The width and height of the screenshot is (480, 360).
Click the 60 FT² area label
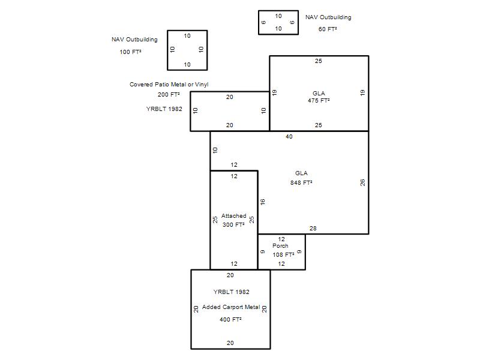click(328, 29)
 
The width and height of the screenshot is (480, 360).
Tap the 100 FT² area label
click(130, 52)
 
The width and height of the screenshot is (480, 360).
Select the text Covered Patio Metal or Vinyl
click(169, 85)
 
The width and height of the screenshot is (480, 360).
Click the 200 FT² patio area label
click(169, 95)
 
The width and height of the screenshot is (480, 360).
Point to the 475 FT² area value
click(319, 100)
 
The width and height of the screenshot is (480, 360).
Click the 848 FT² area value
click(301, 183)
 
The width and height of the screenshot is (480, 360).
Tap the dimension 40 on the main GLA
click(289, 137)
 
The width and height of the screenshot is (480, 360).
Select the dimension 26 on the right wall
click(362, 182)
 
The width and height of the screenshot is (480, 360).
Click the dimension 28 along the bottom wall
click(313, 229)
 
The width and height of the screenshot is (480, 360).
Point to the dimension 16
click(262, 202)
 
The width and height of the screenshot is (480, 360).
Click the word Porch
click(280, 246)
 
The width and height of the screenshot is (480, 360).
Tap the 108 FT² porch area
click(283, 254)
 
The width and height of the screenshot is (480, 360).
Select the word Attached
click(234, 216)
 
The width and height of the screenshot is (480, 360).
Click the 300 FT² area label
click(233, 224)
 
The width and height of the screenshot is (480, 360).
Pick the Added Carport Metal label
click(231, 307)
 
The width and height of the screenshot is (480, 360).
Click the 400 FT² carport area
click(230, 320)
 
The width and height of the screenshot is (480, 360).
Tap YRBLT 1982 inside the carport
click(232, 292)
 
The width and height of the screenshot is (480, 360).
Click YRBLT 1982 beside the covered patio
click(164, 109)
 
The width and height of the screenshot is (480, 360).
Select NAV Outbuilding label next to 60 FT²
click(328, 17)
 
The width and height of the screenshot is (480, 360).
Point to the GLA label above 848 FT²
click(301, 173)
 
